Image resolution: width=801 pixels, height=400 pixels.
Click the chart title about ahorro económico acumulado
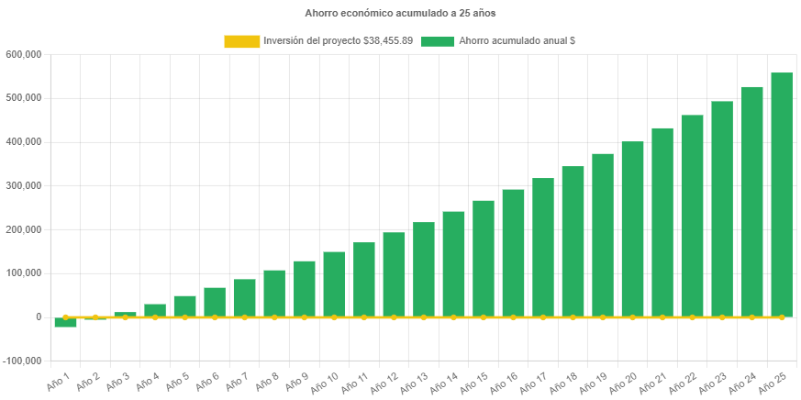(x=400, y=14)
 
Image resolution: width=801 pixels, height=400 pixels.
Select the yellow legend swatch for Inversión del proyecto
(x=241, y=41)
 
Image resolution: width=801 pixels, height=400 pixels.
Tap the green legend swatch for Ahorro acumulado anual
(x=438, y=41)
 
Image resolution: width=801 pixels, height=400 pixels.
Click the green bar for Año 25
(x=782, y=194)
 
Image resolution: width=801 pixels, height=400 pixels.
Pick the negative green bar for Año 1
(x=65, y=322)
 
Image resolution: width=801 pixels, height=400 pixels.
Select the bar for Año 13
(x=424, y=269)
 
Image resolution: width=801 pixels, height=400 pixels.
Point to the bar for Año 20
(x=632, y=228)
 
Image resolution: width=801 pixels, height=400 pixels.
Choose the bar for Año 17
(x=543, y=247)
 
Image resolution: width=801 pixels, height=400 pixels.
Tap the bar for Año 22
(x=692, y=216)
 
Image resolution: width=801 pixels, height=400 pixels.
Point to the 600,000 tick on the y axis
(x=24, y=54)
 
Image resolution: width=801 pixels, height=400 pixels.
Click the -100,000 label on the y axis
(x=22, y=361)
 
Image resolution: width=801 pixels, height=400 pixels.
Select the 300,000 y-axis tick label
(x=24, y=185)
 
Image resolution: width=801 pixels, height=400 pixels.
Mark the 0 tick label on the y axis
(x=38, y=317)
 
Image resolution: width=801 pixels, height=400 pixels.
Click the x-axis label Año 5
(x=177, y=382)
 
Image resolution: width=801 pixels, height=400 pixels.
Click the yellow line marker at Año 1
(x=65, y=317)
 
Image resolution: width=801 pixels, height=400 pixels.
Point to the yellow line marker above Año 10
(x=334, y=317)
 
